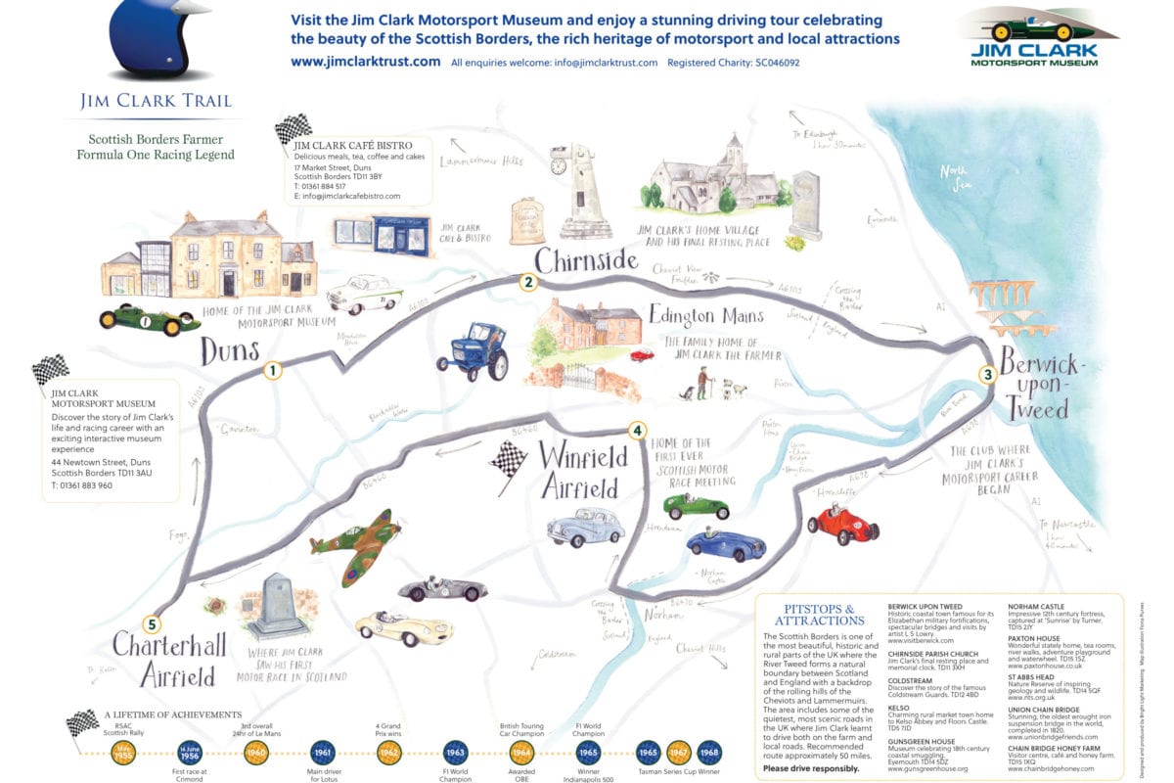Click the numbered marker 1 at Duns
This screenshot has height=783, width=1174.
click(x=271, y=371)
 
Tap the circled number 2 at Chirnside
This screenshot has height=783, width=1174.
click(x=528, y=284)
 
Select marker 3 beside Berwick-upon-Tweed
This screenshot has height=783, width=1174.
click(x=988, y=374)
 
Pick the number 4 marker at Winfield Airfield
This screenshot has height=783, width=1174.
click(x=637, y=430)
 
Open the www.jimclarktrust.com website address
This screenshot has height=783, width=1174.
click(x=366, y=62)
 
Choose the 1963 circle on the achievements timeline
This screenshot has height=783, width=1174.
click(x=454, y=753)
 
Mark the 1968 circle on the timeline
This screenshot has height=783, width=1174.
click(x=710, y=753)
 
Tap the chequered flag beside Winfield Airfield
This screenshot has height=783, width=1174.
click(x=508, y=460)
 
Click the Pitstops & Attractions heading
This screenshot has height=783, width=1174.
click(x=821, y=614)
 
